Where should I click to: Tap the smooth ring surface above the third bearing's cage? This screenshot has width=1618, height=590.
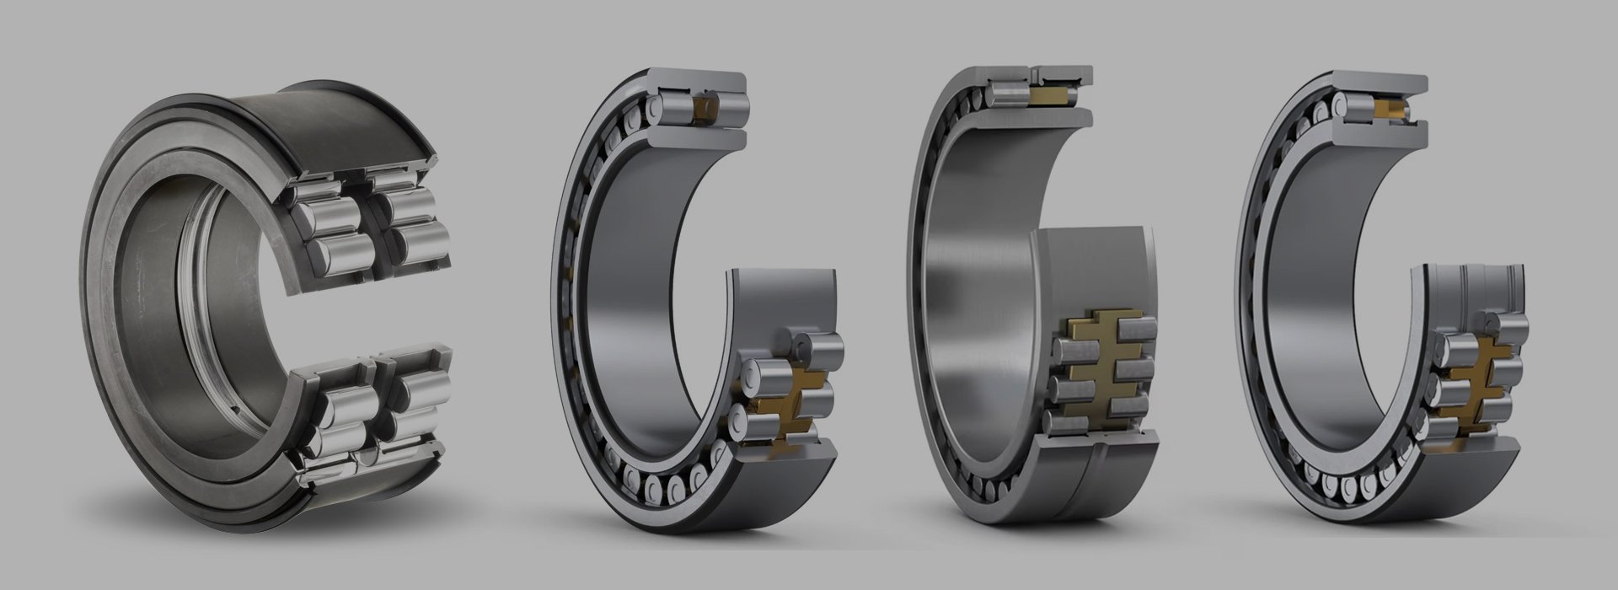[x=1096, y=270]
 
